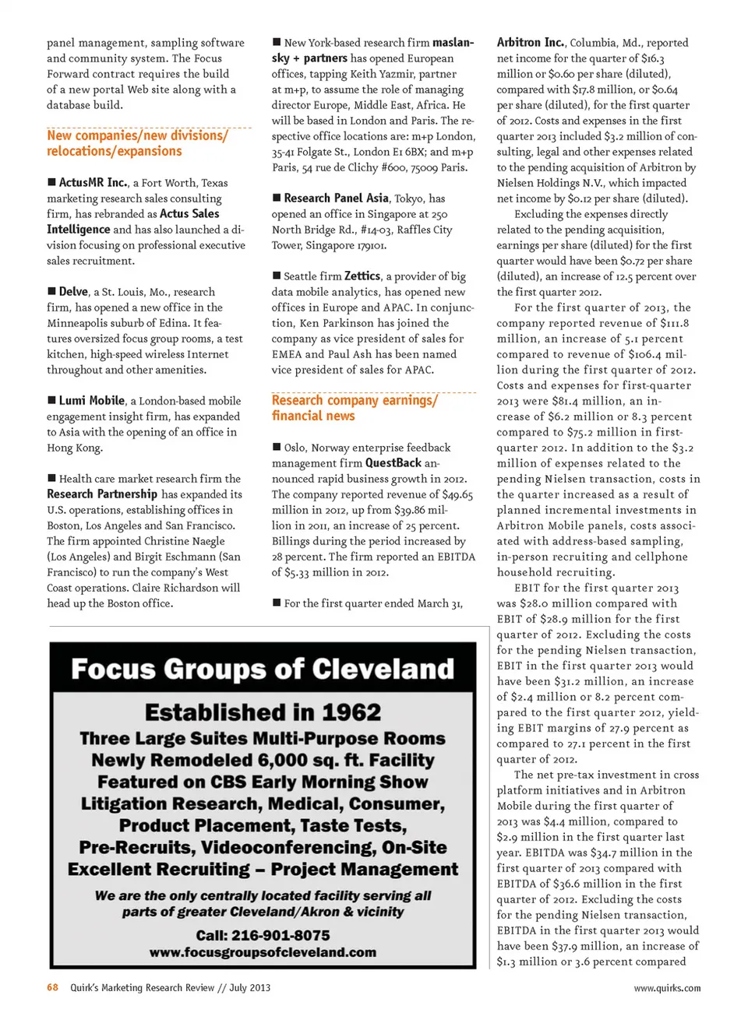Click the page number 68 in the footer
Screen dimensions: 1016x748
(52, 987)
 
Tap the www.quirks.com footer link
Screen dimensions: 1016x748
(667, 988)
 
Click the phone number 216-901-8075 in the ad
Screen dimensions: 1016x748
(263, 935)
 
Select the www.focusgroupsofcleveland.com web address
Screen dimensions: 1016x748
(263, 952)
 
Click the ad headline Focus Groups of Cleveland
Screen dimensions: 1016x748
(263, 670)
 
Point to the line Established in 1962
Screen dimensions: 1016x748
(263, 712)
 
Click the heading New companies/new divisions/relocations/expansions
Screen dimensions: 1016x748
(137, 143)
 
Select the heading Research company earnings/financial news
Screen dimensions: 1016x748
(354, 408)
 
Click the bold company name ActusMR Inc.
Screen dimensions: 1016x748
(93, 183)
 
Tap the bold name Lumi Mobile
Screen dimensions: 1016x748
(92, 401)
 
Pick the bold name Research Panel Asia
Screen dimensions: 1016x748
(336, 199)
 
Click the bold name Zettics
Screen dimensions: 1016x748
(362, 276)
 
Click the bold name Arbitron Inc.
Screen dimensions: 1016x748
(531, 43)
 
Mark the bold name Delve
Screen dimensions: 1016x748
(73, 292)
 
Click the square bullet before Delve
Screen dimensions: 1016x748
(51, 291)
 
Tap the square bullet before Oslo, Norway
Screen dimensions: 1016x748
(277, 447)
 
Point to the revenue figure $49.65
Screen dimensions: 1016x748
(457, 494)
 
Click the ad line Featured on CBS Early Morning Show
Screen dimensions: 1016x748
(263, 782)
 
